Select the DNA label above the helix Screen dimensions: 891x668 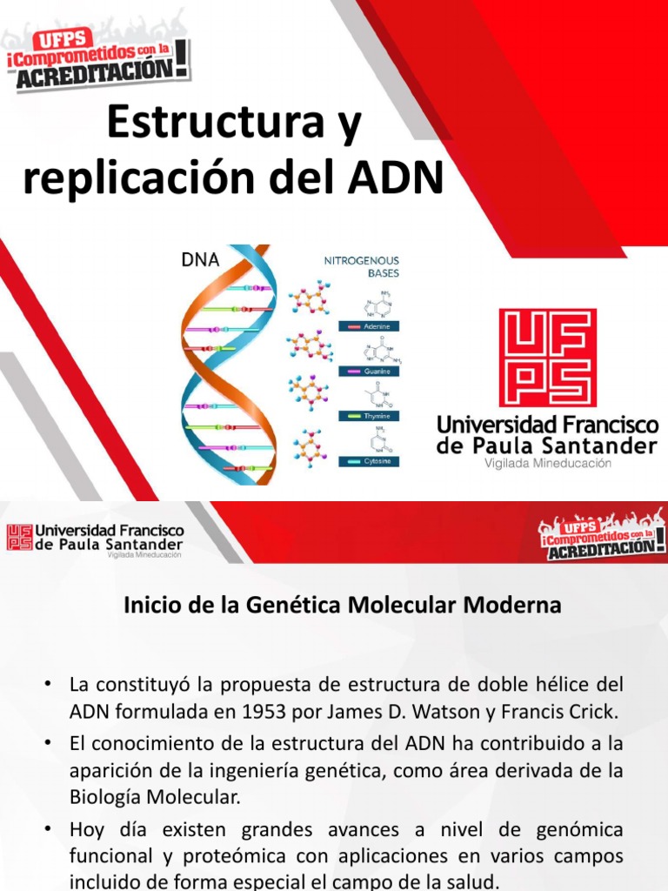tap(200, 258)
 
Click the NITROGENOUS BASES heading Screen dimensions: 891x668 tap(361, 265)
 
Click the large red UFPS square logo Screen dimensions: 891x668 tap(547, 357)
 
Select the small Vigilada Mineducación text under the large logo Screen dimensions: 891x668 tap(547, 464)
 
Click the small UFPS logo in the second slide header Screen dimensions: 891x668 tap(20, 537)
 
